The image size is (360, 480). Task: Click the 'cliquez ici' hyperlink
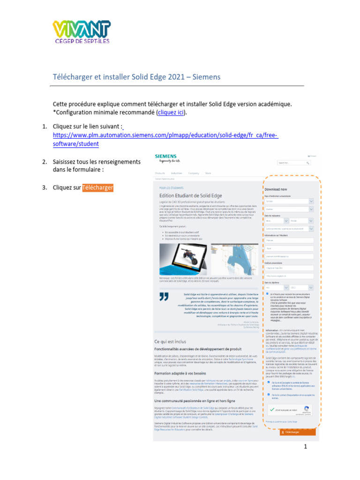171,112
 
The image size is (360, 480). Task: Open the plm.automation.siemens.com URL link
165,140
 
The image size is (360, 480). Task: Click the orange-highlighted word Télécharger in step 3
97,188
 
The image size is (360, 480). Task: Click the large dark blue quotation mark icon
163,296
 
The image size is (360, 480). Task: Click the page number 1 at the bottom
305,447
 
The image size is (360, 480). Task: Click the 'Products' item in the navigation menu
160,173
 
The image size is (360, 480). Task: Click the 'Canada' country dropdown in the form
289,201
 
